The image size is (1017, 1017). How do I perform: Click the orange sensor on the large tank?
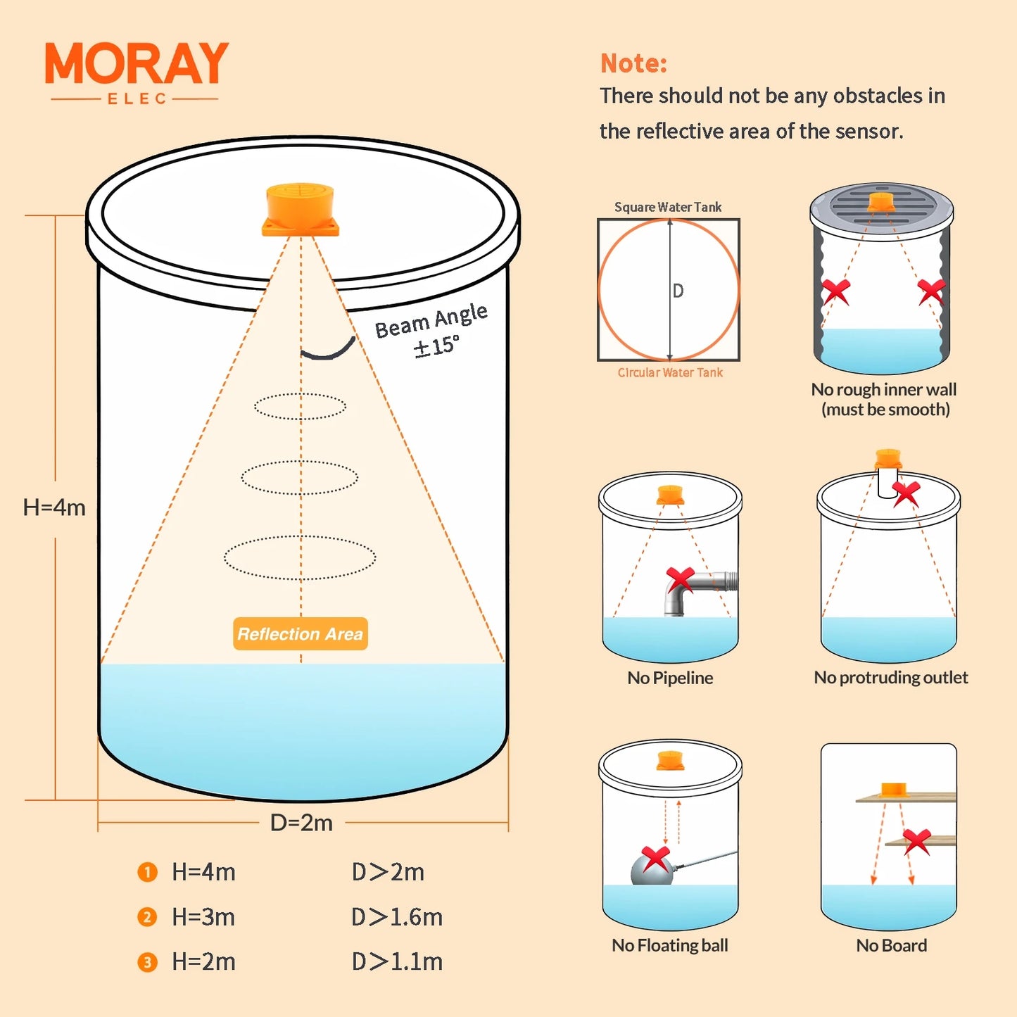tap(301, 210)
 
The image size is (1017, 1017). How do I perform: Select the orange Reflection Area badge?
tap(301, 633)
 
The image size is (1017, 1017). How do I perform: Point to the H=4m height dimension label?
tap(54, 507)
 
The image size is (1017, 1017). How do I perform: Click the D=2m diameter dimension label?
tap(301, 822)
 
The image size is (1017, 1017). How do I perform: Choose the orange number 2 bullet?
tap(147, 917)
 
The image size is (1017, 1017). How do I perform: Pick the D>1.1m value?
tap(397, 961)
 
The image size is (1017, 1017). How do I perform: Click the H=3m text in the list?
tap(203, 917)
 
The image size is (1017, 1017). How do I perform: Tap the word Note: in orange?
tap(633, 63)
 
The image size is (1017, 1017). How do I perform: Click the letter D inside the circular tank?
tap(678, 291)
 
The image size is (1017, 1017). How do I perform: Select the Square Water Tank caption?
tap(668, 207)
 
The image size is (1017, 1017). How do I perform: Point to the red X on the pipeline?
tap(681, 579)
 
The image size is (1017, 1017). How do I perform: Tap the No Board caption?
tap(891, 945)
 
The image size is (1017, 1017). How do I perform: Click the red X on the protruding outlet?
tap(906, 493)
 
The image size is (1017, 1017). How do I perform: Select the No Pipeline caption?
tap(670, 678)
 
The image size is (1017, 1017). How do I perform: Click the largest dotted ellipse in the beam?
tap(300, 557)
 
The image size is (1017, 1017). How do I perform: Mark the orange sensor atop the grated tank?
tap(880, 202)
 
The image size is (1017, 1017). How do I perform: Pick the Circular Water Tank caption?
tap(670, 372)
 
